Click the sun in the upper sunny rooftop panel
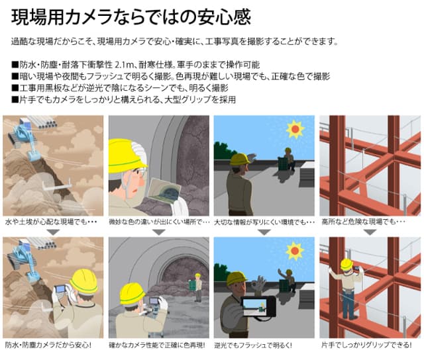point(295,129)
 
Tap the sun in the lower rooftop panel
point(295,251)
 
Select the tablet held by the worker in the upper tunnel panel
point(164,191)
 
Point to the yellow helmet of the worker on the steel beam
point(347,264)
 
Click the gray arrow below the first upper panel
point(53,232)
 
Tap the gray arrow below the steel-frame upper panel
point(370,232)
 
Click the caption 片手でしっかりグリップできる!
point(366,345)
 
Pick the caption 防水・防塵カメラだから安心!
point(48,345)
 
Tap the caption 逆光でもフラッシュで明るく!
point(253,345)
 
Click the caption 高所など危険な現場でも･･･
point(363,222)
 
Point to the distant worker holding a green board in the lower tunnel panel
point(196,287)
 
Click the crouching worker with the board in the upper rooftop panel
point(287,160)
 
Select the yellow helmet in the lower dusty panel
point(83,282)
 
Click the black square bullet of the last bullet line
point(15,100)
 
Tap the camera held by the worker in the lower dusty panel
point(60,289)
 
